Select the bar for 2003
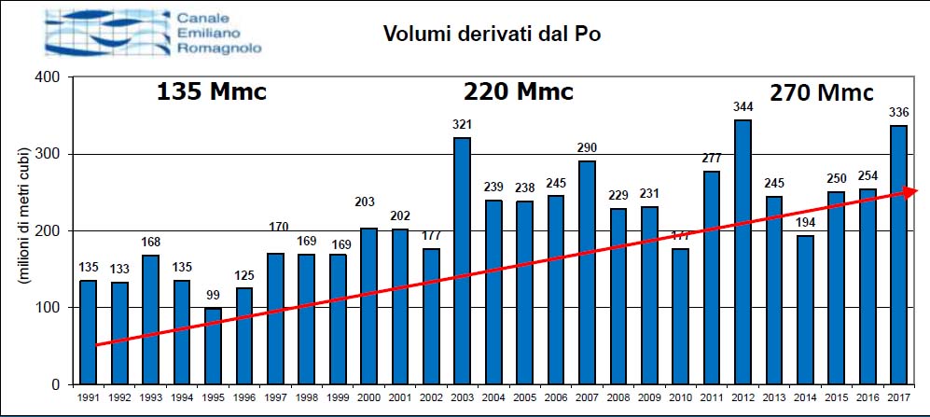462,260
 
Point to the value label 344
743,107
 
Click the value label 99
213,296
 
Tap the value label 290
587,148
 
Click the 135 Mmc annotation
211,92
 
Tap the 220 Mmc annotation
519,92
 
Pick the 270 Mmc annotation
821,92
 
